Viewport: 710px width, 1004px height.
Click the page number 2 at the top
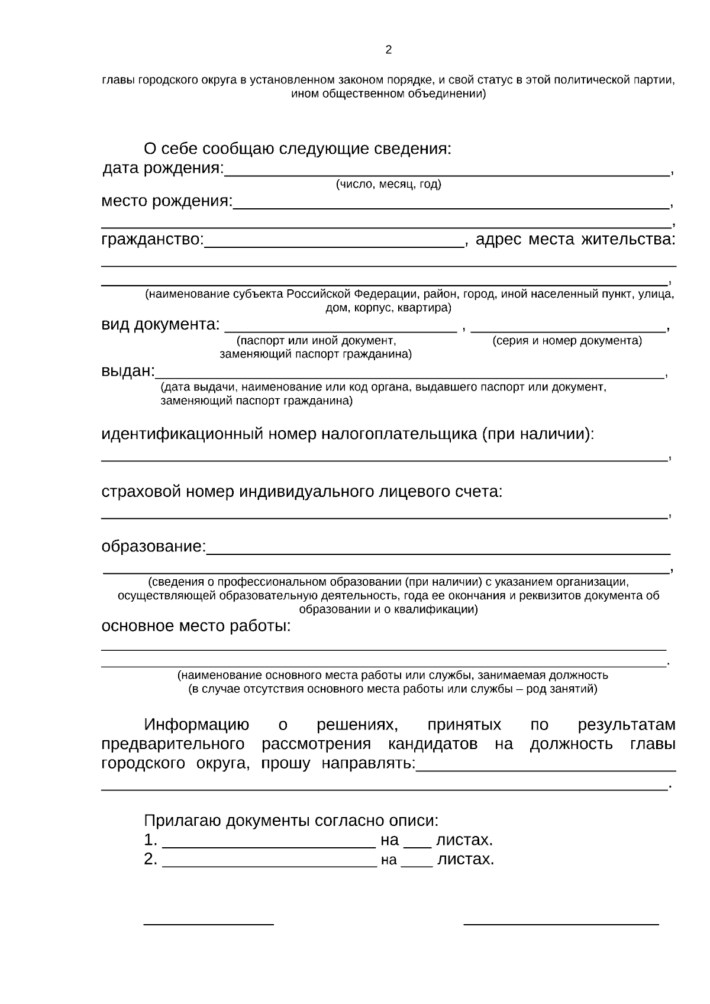[x=388, y=50]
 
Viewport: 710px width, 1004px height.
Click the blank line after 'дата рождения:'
[x=447, y=173]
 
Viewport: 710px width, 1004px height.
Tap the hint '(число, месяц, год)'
[x=388, y=185]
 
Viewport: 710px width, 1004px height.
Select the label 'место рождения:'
[x=167, y=201]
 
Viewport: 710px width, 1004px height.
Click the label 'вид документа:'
[x=160, y=325]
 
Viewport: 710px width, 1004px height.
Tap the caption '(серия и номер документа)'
[x=567, y=341]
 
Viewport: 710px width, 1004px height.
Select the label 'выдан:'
[x=128, y=371]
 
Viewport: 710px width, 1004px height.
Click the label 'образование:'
[x=154, y=546]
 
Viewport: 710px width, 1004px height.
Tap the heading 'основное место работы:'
[x=196, y=626]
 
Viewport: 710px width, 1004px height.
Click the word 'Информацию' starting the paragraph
[x=196, y=725]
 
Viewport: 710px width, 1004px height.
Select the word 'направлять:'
[x=369, y=764]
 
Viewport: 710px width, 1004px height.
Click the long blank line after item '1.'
[x=269, y=845]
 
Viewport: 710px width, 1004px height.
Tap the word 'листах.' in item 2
[x=465, y=860]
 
